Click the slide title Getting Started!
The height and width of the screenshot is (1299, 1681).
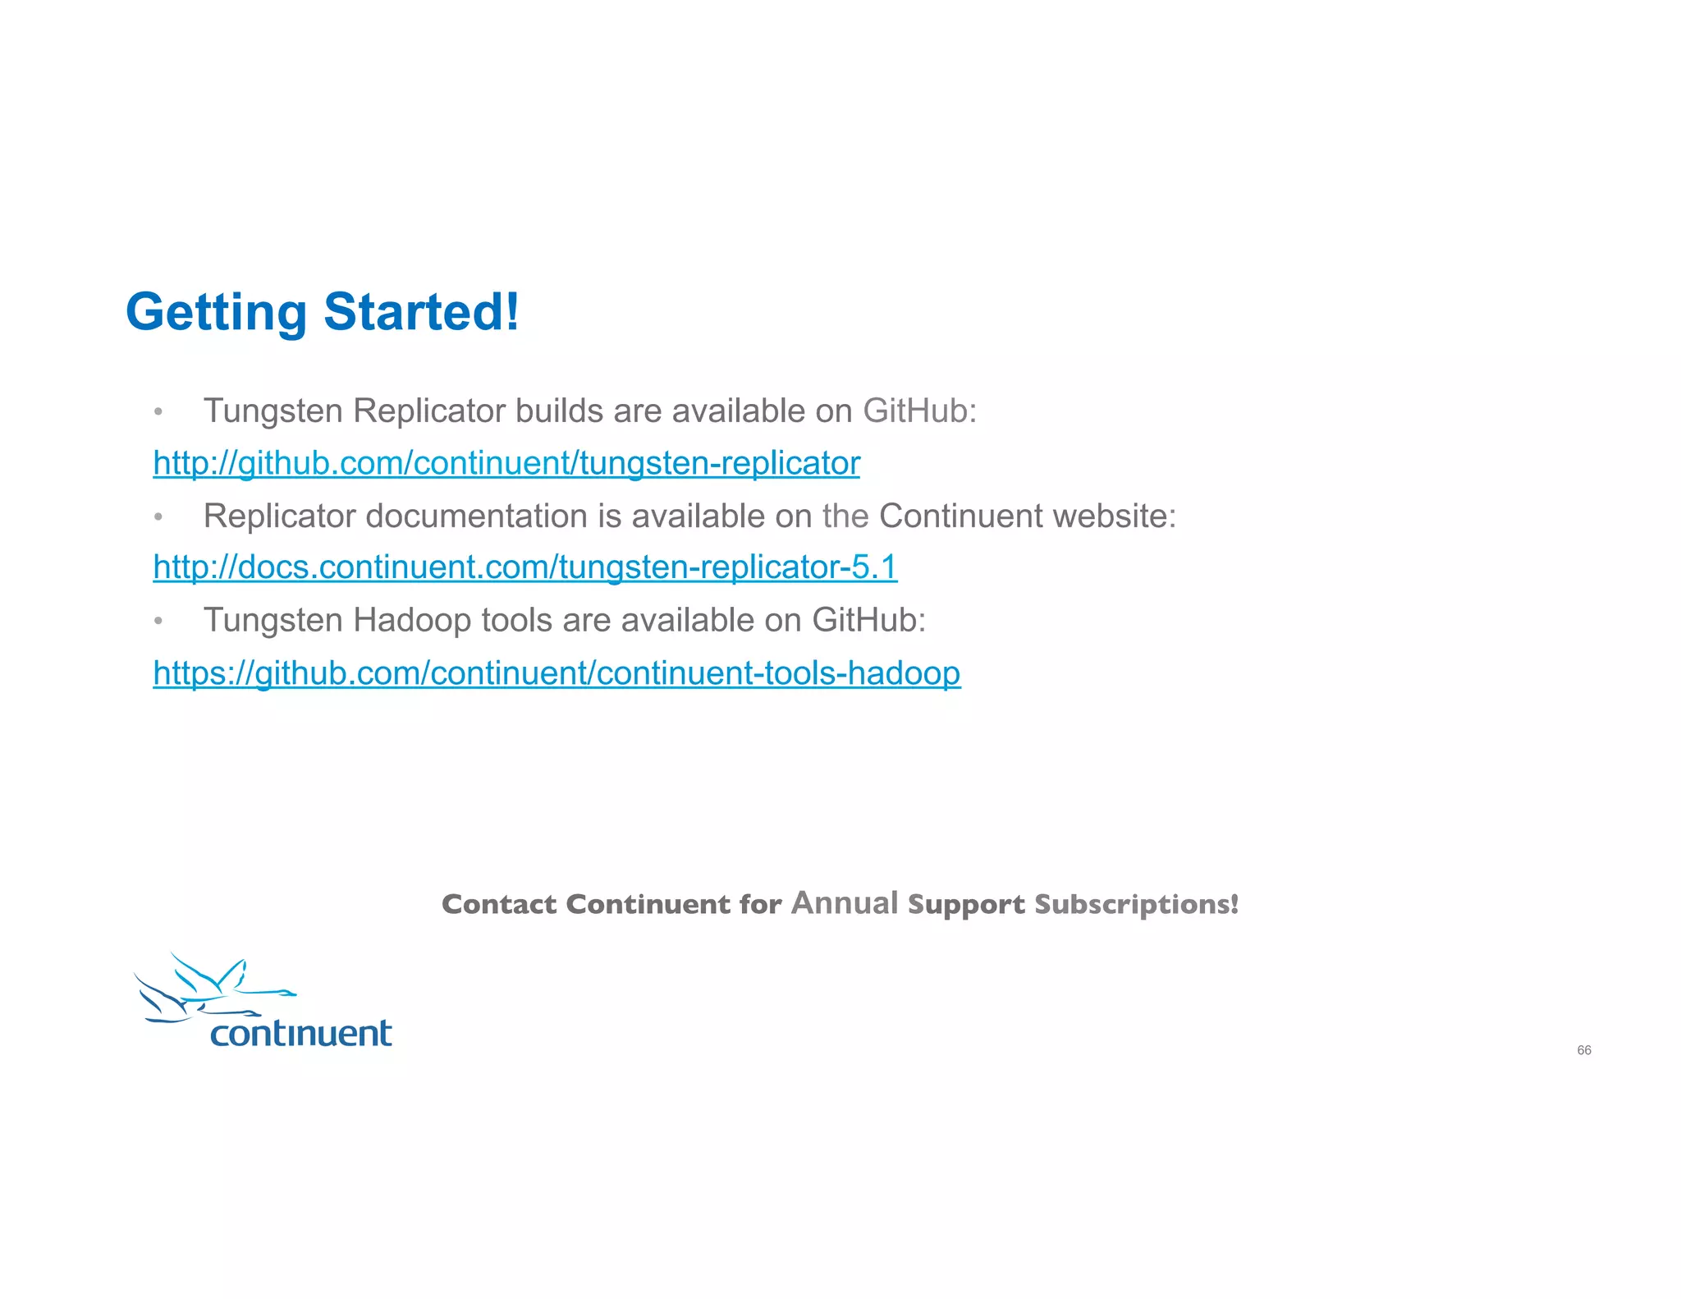tap(322, 313)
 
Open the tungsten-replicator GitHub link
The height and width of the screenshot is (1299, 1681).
tap(506, 463)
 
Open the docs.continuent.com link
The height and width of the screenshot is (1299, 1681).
tap(525, 567)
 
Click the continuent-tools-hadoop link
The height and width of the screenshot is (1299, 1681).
tap(557, 673)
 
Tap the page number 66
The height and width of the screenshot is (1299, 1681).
tap(1583, 1050)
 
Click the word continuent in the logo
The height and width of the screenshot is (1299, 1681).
tap(300, 1033)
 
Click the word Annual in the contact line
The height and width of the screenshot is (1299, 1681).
tap(845, 902)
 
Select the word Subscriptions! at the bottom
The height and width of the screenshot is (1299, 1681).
tap(1136, 904)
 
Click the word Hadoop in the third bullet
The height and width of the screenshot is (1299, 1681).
tap(413, 621)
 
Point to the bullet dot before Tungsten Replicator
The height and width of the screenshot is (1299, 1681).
tap(158, 412)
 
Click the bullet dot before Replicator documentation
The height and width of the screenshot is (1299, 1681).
tap(158, 517)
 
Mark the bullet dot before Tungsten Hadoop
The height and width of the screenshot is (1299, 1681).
tap(158, 622)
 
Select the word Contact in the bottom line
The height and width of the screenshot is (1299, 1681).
tap(499, 904)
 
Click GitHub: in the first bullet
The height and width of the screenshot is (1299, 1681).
tap(919, 411)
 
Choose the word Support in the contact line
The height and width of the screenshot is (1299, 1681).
tap(966, 904)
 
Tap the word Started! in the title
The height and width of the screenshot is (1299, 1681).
tap(421, 313)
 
